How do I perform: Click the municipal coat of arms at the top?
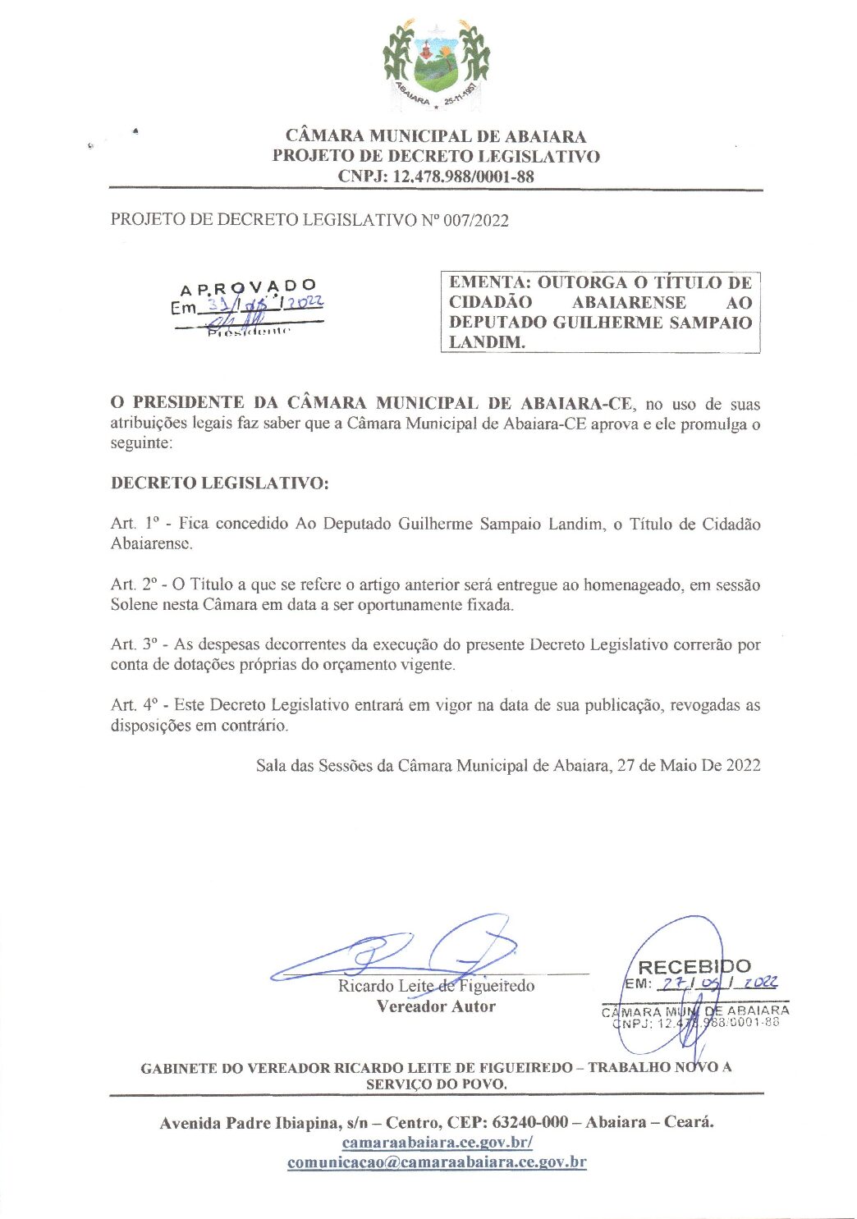[436, 65]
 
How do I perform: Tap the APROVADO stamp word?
[248, 287]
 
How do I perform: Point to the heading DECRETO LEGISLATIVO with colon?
[219, 483]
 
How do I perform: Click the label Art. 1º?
[133, 524]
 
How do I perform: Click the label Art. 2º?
[133, 584]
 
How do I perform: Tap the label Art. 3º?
[133, 645]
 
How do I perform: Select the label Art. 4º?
[133, 705]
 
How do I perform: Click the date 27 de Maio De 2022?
[689, 766]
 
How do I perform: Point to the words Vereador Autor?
[436, 1006]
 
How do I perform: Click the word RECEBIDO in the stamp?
[694, 967]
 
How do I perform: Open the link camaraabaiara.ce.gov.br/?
[437, 1143]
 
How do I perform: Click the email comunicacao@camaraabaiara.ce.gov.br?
[437, 1162]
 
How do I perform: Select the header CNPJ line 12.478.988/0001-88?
[436, 176]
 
